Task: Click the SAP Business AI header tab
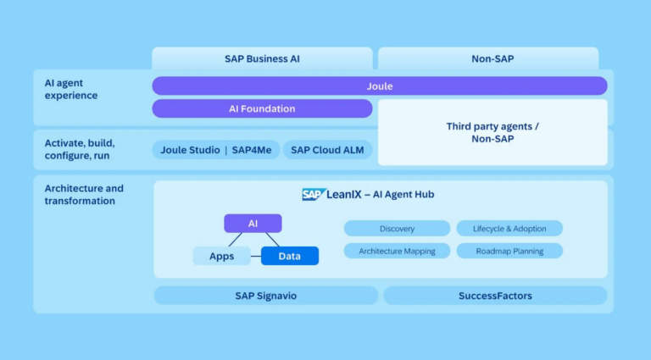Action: click(x=262, y=58)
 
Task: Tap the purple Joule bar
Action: click(x=380, y=86)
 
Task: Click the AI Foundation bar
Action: click(x=262, y=108)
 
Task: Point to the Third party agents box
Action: click(x=492, y=132)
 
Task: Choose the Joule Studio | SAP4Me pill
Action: click(x=216, y=150)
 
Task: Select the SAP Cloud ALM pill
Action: click(x=327, y=150)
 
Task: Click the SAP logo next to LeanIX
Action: click(x=314, y=194)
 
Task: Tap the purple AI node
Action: click(x=253, y=224)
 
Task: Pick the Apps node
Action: click(x=222, y=256)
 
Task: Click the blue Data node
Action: click(x=290, y=256)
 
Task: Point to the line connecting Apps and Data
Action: click(x=256, y=257)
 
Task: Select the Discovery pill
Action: click(x=397, y=229)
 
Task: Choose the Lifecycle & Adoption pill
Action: click(x=509, y=229)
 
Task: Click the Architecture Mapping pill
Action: click(x=397, y=251)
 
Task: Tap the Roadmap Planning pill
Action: click(x=509, y=251)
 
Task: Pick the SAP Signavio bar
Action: click(x=265, y=296)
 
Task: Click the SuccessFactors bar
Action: click(x=495, y=296)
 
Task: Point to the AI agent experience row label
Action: click(x=71, y=89)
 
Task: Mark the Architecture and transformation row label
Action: click(x=84, y=195)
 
